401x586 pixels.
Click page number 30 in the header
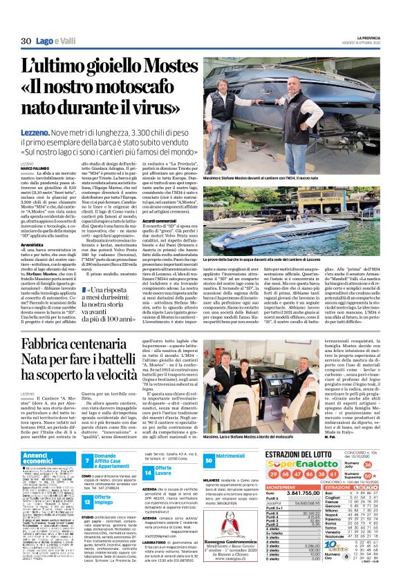(x=26, y=41)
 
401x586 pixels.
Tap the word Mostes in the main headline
(x=157, y=69)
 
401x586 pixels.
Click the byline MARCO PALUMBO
(x=36, y=167)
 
